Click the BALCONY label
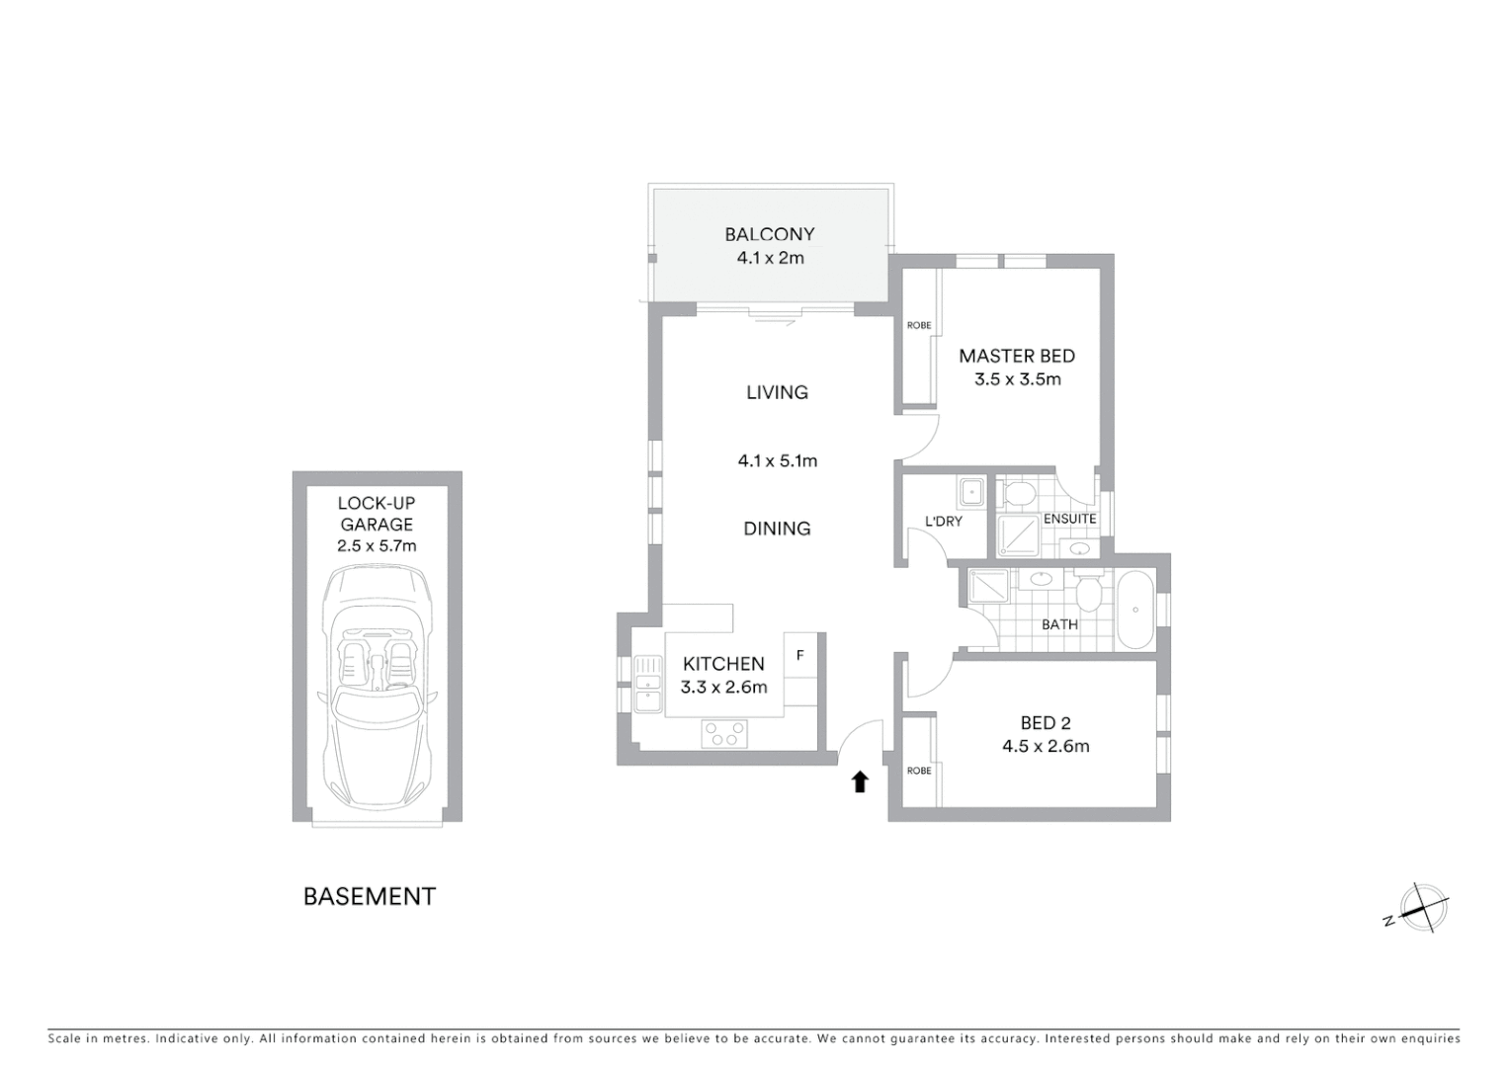pyautogui.click(x=769, y=234)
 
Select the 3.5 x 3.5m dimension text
pyautogui.click(x=1017, y=379)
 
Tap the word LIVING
pyautogui.click(x=777, y=392)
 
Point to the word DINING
pyautogui.click(x=777, y=529)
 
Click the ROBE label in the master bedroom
pyautogui.click(x=919, y=325)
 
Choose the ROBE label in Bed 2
pyautogui.click(x=919, y=771)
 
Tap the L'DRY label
pyautogui.click(x=943, y=522)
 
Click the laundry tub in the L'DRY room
pyautogui.click(x=970, y=490)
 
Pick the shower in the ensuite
pyautogui.click(x=1016, y=534)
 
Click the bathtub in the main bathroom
pyautogui.click(x=1134, y=610)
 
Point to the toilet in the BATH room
pyautogui.click(x=1088, y=594)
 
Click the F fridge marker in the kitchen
pyautogui.click(x=800, y=655)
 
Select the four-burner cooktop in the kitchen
pyautogui.click(x=724, y=734)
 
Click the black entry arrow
pyautogui.click(x=860, y=782)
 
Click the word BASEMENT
pyautogui.click(x=369, y=897)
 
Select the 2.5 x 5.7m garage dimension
pyautogui.click(x=377, y=546)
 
